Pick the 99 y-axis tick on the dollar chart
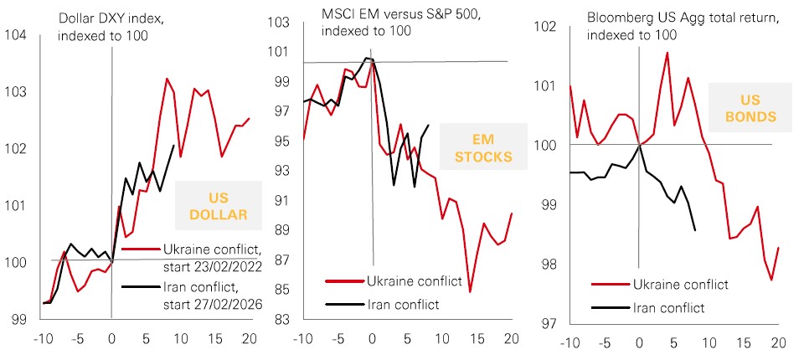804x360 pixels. tap(18, 319)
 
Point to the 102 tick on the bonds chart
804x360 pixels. tap(548, 27)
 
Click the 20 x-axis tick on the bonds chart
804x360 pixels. tap(777, 342)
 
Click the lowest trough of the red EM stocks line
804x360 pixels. tap(471, 291)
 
